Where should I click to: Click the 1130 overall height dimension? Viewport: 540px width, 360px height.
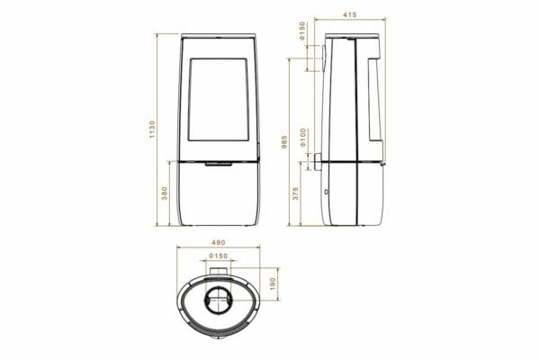point(153,130)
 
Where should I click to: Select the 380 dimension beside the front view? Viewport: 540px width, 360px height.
point(165,193)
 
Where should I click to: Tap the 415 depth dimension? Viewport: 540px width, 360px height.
point(350,14)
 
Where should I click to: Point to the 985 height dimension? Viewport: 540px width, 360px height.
point(284,142)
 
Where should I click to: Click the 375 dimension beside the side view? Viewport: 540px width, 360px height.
point(295,193)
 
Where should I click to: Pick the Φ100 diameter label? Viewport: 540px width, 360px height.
point(303,138)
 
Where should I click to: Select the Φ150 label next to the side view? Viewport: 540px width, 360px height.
point(302,31)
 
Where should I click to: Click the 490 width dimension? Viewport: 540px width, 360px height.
point(218,242)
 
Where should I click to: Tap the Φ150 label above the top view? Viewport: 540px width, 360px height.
point(219,256)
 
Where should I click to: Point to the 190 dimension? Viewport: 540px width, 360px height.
point(273,283)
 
